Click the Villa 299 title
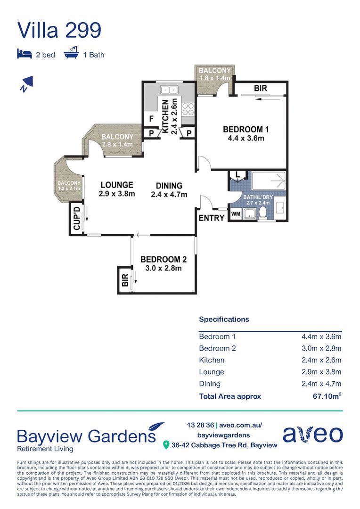[59, 30]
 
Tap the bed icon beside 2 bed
[25, 54]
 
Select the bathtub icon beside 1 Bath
[72, 52]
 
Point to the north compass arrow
[26, 84]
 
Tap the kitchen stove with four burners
[188, 109]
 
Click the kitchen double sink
[169, 90]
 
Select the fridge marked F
[151, 119]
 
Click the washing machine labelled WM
[236, 214]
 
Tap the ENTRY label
[212, 218]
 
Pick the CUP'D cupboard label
[77, 218]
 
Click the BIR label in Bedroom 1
[261, 88]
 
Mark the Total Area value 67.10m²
[327, 396]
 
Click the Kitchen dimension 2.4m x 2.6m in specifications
[321, 360]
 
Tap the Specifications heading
[224, 320]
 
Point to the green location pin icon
[166, 445]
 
